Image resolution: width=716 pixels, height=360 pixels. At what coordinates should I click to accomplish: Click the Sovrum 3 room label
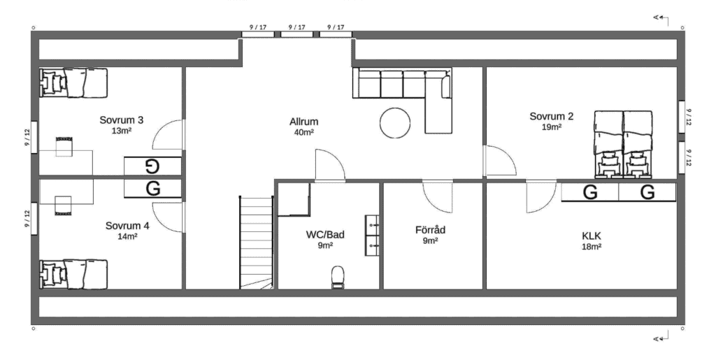pyautogui.click(x=122, y=120)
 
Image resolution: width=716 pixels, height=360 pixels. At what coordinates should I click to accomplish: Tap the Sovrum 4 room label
pyautogui.click(x=127, y=226)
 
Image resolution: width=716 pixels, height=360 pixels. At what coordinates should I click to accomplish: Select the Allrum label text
pyautogui.click(x=303, y=122)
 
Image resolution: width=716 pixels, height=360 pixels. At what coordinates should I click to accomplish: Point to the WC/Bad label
pyautogui.click(x=325, y=235)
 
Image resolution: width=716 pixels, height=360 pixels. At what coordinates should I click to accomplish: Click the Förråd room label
pyautogui.click(x=430, y=229)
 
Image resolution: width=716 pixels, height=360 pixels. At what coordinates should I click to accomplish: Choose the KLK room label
pyautogui.click(x=592, y=236)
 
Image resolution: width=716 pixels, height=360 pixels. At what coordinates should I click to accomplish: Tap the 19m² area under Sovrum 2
pyautogui.click(x=552, y=127)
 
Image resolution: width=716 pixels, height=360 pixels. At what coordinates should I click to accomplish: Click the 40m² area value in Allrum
pyautogui.click(x=303, y=133)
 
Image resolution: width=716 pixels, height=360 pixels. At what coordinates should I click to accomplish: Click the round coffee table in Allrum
pyautogui.click(x=395, y=123)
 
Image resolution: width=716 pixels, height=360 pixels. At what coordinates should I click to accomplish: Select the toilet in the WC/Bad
pyautogui.click(x=338, y=277)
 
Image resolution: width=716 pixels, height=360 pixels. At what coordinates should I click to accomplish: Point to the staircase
pyautogui.click(x=257, y=243)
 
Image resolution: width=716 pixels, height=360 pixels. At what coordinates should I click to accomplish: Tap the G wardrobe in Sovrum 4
pyautogui.click(x=152, y=189)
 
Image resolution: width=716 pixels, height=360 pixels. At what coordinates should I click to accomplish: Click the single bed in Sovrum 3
pyautogui.click(x=73, y=82)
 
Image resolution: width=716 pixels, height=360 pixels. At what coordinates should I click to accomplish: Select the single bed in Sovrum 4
pyautogui.click(x=73, y=274)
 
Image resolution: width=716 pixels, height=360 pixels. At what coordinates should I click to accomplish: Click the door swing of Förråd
pyautogui.click(x=437, y=197)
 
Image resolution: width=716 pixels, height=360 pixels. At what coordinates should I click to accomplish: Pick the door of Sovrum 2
pyautogui.click(x=500, y=160)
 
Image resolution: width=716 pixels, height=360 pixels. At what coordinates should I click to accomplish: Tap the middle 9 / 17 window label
pyautogui.click(x=296, y=27)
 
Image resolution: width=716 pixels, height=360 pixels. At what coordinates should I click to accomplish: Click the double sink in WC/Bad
pyautogui.click(x=372, y=235)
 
